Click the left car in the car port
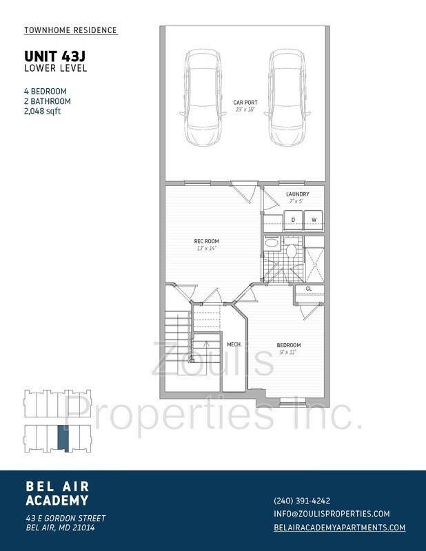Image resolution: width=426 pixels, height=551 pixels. [x=203, y=97]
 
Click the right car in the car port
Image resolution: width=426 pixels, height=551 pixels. [x=287, y=97]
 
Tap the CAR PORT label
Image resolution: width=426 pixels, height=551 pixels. [x=245, y=102]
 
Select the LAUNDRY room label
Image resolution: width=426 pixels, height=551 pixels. [x=298, y=194]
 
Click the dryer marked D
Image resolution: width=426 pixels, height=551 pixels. [x=293, y=220]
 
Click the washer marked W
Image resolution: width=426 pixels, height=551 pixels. [x=314, y=220]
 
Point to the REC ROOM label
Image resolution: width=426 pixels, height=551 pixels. [x=207, y=241]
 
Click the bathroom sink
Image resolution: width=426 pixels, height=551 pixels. [x=272, y=243]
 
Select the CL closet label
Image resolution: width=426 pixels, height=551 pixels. [x=309, y=289]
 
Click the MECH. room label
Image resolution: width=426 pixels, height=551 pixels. [x=234, y=344]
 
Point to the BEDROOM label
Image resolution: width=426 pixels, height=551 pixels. [x=289, y=345]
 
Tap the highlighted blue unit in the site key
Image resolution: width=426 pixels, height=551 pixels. [x=63, y=438]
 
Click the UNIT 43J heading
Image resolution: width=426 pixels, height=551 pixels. [x=55, y=56]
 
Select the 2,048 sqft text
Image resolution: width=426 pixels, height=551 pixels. [x=43, y=111]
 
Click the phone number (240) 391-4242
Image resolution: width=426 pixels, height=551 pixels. [x=302, y=501]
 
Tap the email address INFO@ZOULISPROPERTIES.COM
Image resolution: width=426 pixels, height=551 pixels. [x=332, y=514]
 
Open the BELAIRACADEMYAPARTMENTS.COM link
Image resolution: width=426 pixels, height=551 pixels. [x=339, y=527]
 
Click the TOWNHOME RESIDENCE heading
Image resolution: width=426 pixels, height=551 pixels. [x=70, y=30]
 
